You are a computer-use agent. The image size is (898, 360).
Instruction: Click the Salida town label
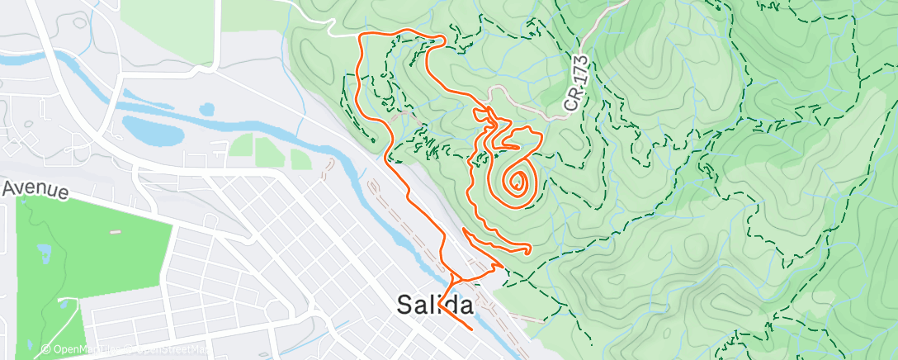pyautogui.click(x=435, y=305)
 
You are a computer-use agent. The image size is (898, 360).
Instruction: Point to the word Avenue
pyautogui.click(x=35, y=189)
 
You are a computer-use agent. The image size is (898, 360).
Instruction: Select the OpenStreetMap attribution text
pyautogui.click(x=169, y=349)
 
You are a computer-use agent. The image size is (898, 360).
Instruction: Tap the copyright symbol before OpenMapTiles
pyautogui.click(x=45, y=349)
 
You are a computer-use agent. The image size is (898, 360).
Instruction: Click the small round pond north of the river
pyautogui.click(x=206, y=108)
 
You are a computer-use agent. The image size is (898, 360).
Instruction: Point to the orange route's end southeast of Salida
pyautogui.click(x=471, y=329)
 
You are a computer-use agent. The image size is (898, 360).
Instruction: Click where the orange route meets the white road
pyautogui.click(x=360, y=36)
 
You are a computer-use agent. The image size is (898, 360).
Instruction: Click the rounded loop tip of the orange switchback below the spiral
pyautogui.click(x=527, y=248)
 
